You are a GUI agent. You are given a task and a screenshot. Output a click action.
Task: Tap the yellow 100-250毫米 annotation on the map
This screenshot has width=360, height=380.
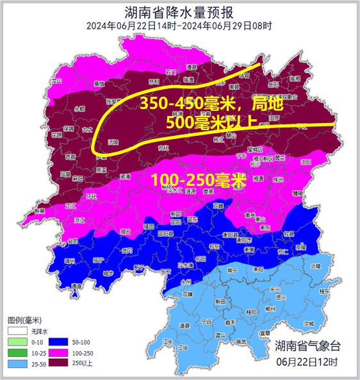[x=199, y=180]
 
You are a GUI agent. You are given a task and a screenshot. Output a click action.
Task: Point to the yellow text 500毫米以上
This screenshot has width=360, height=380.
[x=211, y=121]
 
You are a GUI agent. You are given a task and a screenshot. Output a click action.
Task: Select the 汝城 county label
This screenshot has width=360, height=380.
[x=309, y=324]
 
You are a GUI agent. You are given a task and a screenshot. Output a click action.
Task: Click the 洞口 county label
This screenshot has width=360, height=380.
[x=126, y=231]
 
